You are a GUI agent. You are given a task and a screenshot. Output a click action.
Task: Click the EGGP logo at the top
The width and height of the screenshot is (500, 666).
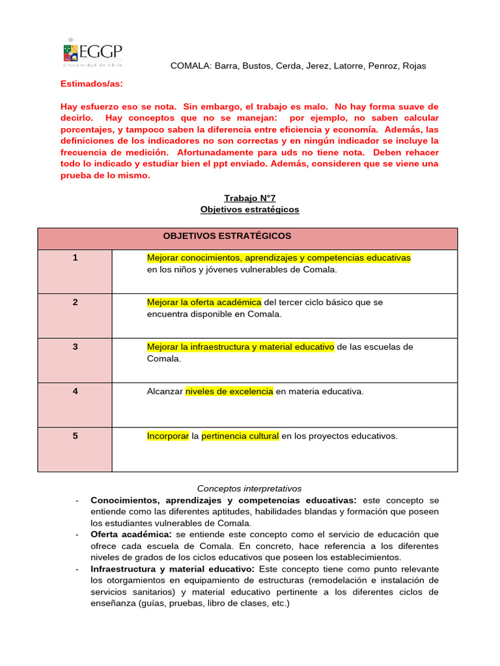click(x=92, y=52)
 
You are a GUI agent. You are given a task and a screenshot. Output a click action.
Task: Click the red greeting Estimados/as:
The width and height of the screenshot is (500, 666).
click(x=91, y=84)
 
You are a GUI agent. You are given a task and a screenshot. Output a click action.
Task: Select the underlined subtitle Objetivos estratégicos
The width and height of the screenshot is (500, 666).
click(x=250, y=209)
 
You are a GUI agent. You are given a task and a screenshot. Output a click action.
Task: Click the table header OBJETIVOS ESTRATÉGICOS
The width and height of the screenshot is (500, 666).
click(x=227, y=235)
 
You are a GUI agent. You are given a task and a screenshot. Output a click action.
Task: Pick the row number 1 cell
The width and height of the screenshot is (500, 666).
click(x=75, y=258)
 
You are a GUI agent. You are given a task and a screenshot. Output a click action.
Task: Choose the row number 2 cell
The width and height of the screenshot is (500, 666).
click(x=75, y=302)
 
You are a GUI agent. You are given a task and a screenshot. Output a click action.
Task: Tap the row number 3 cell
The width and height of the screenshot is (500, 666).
click(x=75, y=347)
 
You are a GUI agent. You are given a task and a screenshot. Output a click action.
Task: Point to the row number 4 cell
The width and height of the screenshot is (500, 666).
click(x=75, y=392)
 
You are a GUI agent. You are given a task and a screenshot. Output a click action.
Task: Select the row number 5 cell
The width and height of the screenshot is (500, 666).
click(x=75, y=436)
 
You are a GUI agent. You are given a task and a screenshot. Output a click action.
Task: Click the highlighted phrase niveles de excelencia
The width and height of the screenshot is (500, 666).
click(x=229, y=392)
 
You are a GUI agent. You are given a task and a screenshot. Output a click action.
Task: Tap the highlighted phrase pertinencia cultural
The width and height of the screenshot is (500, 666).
click(x=240, y=436)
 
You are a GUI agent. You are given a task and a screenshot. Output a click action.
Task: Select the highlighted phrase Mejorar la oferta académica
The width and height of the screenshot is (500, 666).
click(x=204, y=302)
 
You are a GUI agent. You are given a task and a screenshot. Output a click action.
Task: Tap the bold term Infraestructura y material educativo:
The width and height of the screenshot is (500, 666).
click(x=173, y=569)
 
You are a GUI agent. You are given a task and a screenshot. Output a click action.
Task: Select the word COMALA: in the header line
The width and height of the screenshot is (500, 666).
click(x=189, y=66)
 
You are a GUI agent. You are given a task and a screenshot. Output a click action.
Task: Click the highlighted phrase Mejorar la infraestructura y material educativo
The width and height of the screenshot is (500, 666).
click(x=240, y=347)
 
